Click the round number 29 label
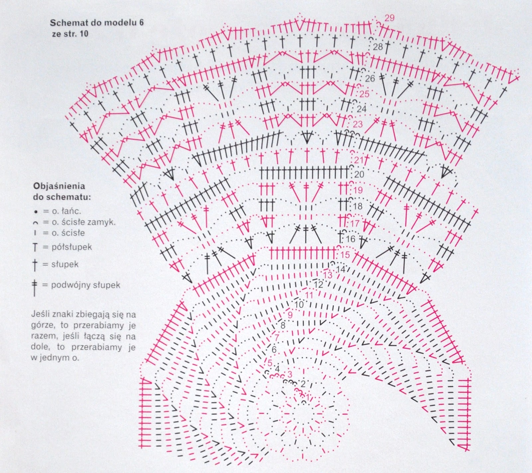389,18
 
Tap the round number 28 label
378,47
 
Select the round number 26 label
370,79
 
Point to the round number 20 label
359,174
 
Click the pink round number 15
345,255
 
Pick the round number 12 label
318,285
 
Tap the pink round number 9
290,314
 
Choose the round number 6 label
274,350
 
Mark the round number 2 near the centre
303,384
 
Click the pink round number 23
358,125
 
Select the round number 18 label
358,206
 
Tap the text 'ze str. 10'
70,34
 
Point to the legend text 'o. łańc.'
66,211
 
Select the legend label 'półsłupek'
71,247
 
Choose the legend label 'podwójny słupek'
85,285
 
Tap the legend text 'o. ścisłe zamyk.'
83,222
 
